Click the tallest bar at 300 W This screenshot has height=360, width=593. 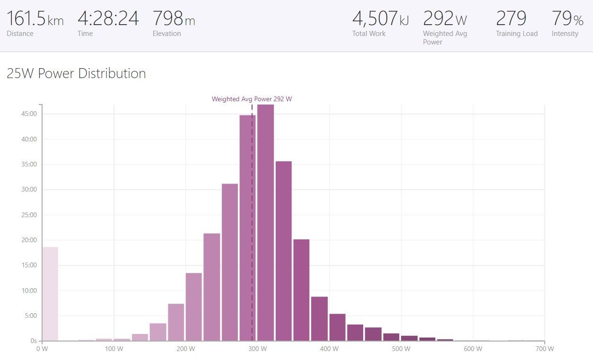pos(266,222)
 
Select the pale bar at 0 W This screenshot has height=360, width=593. pos(50,294)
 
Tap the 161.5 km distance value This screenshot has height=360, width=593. pos(35,18)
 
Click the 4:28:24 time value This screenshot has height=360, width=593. pos(108,18)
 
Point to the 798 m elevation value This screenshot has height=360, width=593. pos(174,18)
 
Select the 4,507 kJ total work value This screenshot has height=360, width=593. pos(380,18)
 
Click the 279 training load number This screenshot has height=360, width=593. pos(511,18)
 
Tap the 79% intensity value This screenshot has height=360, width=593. pos(567,18)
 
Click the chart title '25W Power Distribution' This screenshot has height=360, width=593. pos(76,73)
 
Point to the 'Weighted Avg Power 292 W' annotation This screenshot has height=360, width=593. pos(252,99)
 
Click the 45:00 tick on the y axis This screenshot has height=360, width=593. pos(29,114)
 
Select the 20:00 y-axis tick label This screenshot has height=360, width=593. pos(29,240)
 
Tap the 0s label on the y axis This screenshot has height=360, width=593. pos(34,341)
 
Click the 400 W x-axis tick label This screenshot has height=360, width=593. pos(329,349)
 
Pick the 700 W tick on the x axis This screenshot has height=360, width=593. pos(545,349)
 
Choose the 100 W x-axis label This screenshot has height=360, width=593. pos(114,349)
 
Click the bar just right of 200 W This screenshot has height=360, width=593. pos(194,307)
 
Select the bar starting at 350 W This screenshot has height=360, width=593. pos(301,290)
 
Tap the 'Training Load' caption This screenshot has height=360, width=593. pos(517,34)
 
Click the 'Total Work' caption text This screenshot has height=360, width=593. pos(369,34)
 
